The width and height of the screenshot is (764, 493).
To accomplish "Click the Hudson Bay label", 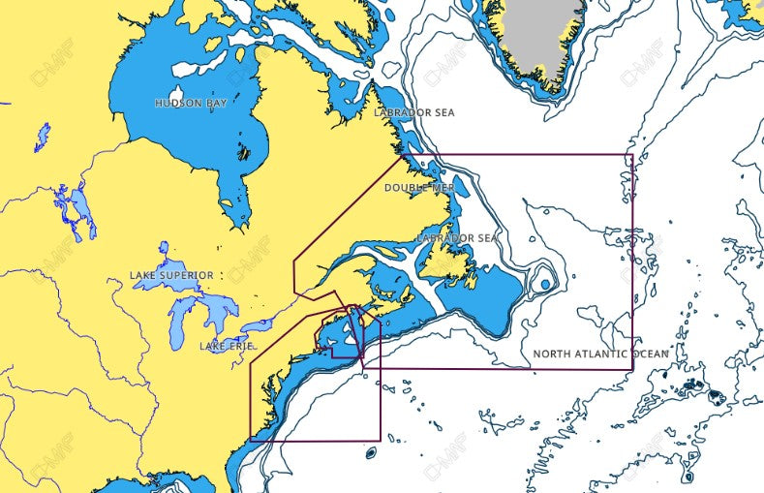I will [x=191, y=103].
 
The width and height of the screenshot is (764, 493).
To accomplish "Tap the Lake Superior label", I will [x=171, y=276].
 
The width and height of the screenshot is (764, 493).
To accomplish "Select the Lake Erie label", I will [x=229, y=346].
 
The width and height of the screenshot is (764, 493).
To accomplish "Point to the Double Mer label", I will [x=419, y=187].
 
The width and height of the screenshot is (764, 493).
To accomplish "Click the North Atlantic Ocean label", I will [x=600, y=354].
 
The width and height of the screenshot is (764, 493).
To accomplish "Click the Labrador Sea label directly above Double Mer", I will [x=414, y=113].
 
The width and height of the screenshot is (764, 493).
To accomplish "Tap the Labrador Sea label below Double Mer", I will [x=457, y=238].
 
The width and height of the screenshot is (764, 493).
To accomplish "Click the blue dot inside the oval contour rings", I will [x=545, y=285].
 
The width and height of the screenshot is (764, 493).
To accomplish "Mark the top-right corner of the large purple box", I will [x=632, y=155].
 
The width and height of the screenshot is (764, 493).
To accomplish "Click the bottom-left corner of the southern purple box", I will [x=251, y=440].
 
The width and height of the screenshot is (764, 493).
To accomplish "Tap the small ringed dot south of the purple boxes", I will [x=371, y=451].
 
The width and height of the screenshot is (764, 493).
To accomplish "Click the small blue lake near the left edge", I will [x=42, y=136].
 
